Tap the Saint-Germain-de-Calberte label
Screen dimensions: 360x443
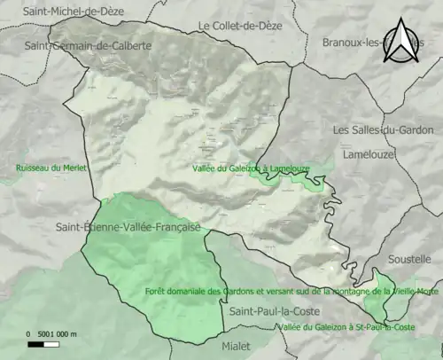(x=89, y=44)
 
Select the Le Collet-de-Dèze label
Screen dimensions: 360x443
(x=240, y=27)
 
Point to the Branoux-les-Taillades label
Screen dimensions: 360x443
(x=363, y=42)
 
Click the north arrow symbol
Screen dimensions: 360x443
(x=402, y=41)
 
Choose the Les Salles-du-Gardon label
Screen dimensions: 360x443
(x=383, y=129)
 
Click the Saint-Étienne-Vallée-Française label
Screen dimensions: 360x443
(x=128, y=227)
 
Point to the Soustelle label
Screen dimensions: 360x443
(x=409, y=260)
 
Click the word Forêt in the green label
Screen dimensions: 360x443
(x=156, y=291)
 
